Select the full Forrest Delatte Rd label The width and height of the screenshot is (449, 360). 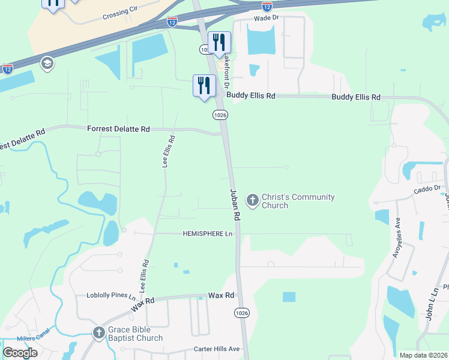(118, 129)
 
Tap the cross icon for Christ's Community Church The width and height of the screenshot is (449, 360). (253, 200)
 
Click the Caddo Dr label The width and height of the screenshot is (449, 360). (427, 191)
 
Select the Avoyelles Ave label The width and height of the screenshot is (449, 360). (397, 241)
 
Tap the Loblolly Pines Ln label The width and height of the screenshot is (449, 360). (103, 296)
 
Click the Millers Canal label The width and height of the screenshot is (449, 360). (18, 337)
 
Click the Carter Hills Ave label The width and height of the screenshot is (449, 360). (216, 349)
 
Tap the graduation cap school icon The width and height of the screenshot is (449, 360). (46, 63)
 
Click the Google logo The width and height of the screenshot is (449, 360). (20, 353)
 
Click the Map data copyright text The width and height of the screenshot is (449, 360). (423, 355)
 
